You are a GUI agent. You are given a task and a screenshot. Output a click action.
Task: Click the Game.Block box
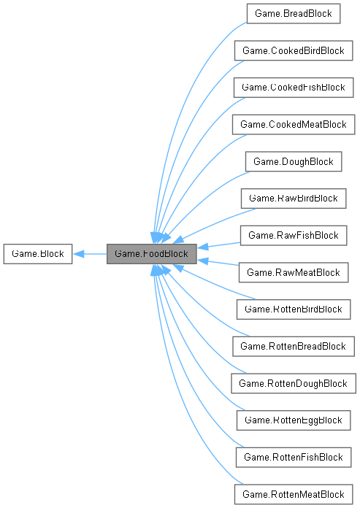click(x=37, y=255)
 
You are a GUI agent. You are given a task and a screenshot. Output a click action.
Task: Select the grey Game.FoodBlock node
click(x=151, y=255)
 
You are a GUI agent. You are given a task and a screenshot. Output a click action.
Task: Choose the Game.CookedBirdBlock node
click(x=293, y=50)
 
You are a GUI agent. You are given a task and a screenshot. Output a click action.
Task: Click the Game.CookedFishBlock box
click(x=293, y=88)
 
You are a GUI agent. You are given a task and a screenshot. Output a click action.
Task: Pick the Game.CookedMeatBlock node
click(x=293, y=125)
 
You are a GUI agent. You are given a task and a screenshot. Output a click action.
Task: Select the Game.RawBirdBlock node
click(x=293, y=199)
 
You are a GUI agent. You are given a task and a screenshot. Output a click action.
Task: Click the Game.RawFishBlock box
click(x=293, y=236)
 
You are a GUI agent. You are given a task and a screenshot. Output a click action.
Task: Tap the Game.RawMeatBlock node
click(x=293, y=273)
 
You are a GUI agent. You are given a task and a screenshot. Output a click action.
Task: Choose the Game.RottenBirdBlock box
click(x=293, y=309)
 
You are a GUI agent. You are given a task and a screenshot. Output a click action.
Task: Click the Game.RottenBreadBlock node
click(x=293, y=347)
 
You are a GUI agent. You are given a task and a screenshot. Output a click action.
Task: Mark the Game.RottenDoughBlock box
click(x=293, y=383)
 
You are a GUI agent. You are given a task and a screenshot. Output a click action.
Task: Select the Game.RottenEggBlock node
click(x=293, y=420)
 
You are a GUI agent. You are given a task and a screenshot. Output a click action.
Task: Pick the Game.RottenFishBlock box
click(x=293, y=458)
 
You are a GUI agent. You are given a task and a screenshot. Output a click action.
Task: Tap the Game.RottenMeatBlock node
click(x=293, y=495)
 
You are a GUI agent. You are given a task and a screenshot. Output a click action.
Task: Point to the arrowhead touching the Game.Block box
click(x=77, y=255)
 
